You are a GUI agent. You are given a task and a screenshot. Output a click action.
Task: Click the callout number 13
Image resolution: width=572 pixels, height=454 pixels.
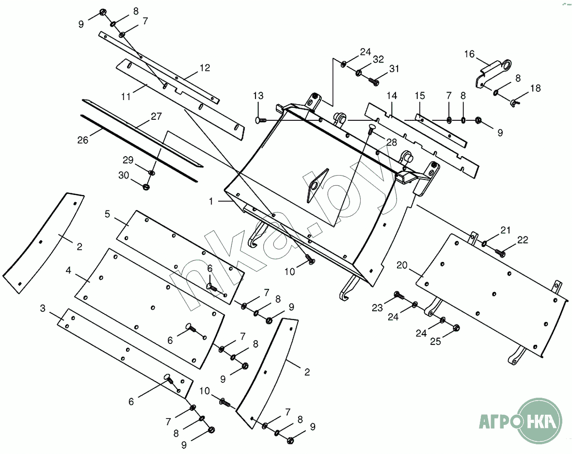[x=258, y=96]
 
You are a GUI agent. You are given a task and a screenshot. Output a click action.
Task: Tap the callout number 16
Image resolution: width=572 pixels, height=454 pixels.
[x=469, y=54]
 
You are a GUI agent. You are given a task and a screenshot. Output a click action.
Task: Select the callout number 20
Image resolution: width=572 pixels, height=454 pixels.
[x=402, y=265]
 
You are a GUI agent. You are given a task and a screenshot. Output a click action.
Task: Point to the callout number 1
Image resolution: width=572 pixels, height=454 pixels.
[x=211, y=201]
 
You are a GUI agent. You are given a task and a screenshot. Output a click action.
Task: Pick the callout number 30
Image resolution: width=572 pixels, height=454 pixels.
[x=124, y=175]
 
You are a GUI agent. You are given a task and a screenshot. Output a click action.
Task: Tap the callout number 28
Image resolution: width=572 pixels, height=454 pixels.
[x=391, y=142]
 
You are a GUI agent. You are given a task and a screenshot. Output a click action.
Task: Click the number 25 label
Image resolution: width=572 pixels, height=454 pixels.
[x=436, y=341]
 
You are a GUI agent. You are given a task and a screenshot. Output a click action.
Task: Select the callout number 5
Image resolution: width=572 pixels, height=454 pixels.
[x=107, y=214]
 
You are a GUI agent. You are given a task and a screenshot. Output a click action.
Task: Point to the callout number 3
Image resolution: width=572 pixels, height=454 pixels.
[x=43, y=308]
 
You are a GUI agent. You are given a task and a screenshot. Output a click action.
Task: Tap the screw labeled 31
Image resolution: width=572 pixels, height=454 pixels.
[x=374, y=81]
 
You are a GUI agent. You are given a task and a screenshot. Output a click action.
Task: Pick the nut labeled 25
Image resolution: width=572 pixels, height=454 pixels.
[x=456, y=328]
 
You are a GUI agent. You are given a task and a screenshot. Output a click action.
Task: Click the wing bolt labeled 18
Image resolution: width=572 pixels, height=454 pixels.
[x=515, y=102]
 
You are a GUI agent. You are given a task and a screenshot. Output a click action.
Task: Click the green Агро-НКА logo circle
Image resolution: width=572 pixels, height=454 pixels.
[x=540, y=420]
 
